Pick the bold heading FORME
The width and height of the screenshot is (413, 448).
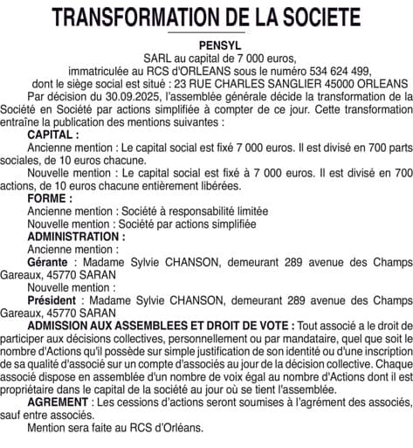click(x=49, y=199)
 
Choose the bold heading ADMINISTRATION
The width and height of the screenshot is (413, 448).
click(x=76, y=237)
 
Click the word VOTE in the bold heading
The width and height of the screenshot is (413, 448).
click(x=270, y=325)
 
